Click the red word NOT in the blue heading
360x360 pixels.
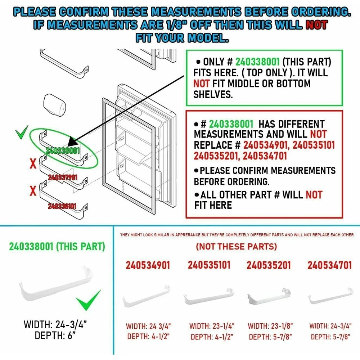[x=316, y=25]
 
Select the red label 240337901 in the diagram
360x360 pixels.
[x=63, y=177]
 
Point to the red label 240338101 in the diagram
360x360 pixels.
[x=63, y=206]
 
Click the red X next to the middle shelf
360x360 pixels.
[x=33, y=164]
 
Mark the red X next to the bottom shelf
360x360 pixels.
[x=33, y=191]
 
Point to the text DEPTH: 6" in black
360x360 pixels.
[x=55, y=336]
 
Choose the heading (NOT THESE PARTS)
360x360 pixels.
[x=237, y=247]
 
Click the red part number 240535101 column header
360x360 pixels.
[x=209, y=265]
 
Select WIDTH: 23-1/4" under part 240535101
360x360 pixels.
[x=212, y=326]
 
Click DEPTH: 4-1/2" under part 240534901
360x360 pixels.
[x=148, y=337]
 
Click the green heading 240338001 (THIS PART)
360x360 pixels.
[x=57, y=247]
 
